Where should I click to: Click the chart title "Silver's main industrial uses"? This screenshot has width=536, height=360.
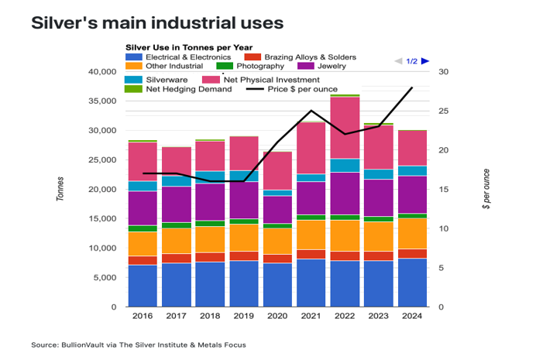(157, 22)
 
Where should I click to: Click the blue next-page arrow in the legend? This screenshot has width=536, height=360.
(425, 61)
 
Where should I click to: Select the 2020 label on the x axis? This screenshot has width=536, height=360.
(277, 316)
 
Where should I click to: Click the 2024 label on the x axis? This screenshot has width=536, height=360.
(412, 316)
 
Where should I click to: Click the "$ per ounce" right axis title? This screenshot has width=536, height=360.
(486, 189)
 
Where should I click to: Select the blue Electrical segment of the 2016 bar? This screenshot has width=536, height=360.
(143, 286)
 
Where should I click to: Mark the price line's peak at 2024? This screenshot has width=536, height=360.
(412, 87)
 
